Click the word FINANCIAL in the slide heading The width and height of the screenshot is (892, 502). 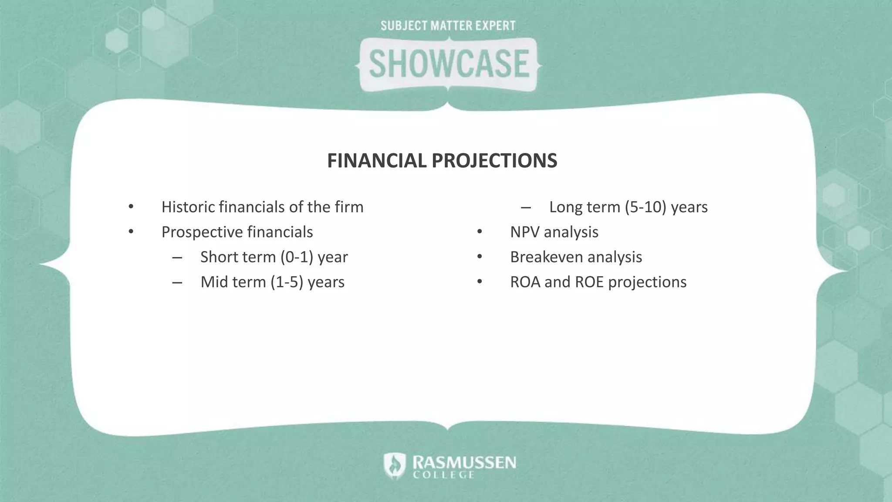pos(377,161)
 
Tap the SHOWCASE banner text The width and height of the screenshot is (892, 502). pos(449,64)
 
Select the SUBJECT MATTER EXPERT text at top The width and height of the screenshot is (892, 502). pos(448,26)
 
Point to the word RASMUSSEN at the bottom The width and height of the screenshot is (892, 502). pos(464,462)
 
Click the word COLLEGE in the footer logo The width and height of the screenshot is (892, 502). pos(443,475)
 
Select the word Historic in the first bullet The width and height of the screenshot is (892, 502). pos(188,207)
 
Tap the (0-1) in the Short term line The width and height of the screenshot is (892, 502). pos(297,257)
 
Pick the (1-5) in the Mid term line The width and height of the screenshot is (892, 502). pos(287,282)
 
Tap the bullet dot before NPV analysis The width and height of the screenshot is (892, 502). pos(479,232)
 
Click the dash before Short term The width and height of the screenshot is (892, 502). pos(177,258)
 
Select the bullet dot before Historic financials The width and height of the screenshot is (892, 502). pos(131,207)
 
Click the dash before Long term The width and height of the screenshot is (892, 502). pos(526,207)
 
